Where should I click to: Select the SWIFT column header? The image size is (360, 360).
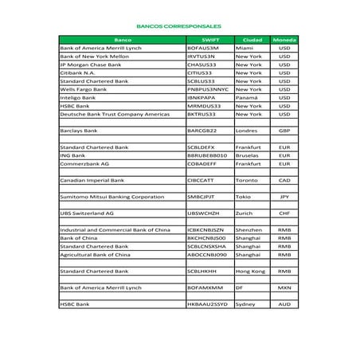coord(209,39)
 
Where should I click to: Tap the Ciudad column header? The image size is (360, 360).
coord(251,39)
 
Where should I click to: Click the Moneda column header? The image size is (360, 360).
coord(284,39)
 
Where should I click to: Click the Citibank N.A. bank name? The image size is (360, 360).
coord(78,72)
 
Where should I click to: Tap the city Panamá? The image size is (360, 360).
coord(247,97)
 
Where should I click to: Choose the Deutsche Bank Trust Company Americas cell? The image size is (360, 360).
coord(115,114)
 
